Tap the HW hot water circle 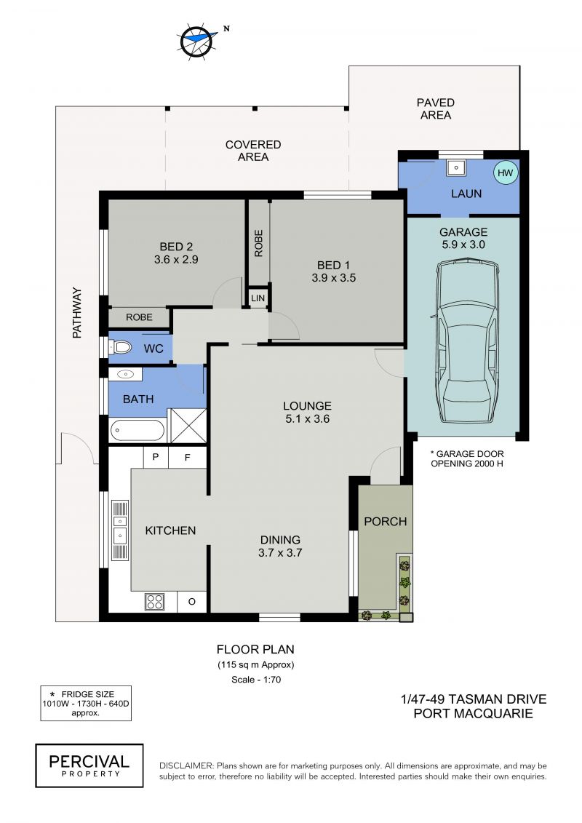506,172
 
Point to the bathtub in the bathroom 137,431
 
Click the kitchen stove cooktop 155,602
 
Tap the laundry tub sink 456,168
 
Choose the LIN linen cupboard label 258,298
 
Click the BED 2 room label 176,246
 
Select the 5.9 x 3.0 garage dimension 463,244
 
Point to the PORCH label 385,521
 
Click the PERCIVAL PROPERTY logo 89,766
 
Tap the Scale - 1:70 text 256,679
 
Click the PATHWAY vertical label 77,312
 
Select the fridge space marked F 188,457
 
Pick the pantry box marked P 156,457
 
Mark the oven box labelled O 191,602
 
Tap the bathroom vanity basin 125,374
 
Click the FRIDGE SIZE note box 86,703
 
